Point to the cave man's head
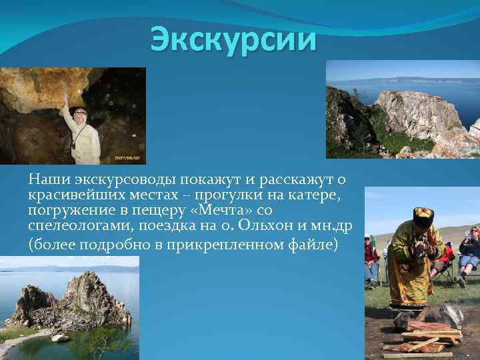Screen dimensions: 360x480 pyautogui.click(x=81, y=114)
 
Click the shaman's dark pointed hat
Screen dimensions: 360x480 pyautogui.click(x=423, y=215)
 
